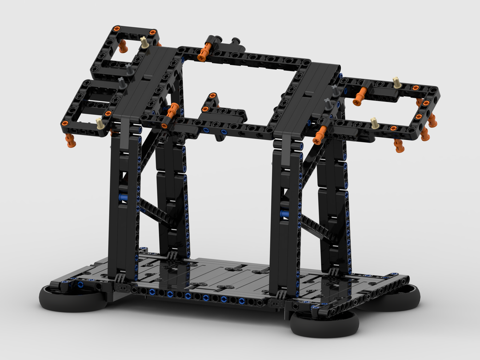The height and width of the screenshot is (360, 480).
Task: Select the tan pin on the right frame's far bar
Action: click(x=396, y=82)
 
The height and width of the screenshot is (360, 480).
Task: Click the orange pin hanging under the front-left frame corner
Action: click(x=71, y=140)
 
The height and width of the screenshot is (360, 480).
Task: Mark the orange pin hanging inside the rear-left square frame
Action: click(x=123, y=47)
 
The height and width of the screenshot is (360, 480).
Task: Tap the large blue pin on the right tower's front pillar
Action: click(x=284, y=213)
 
